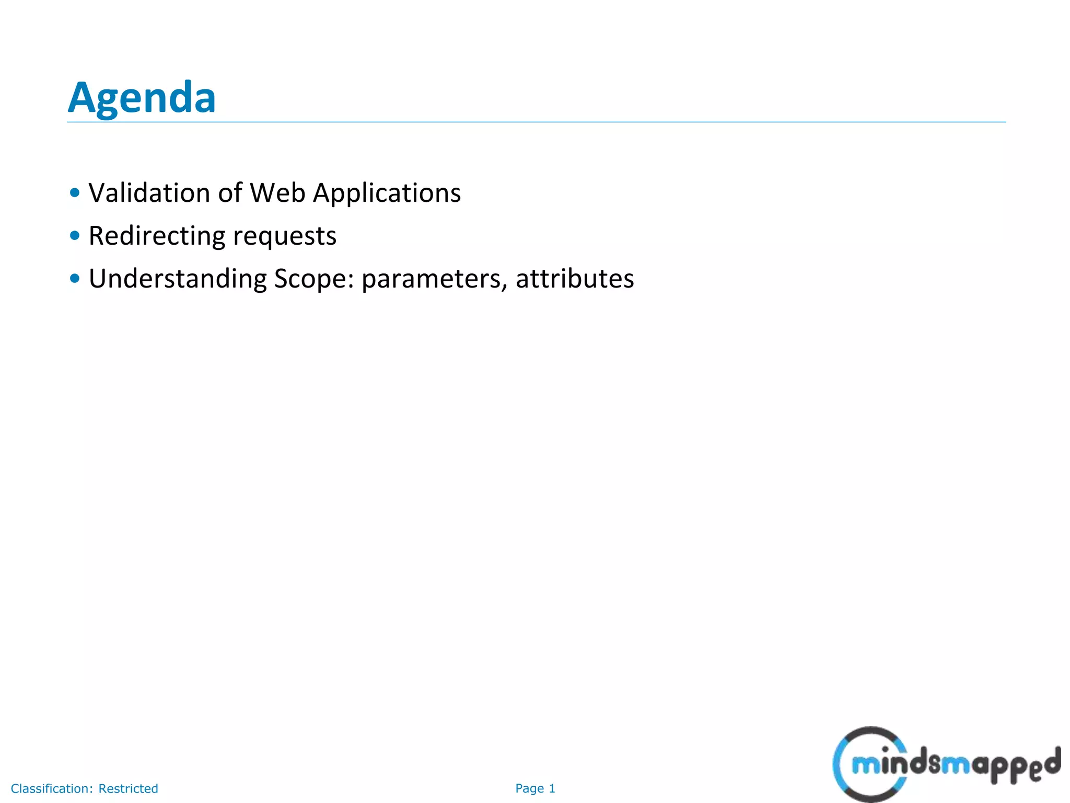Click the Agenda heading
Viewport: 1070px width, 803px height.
click(142, 98)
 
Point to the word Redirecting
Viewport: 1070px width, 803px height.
click(156, 236)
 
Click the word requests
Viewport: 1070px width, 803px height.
click(285, 237)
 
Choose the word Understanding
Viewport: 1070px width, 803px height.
click(177, 279)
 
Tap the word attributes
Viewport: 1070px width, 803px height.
click(575, 279)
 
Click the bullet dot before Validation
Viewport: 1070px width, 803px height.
click(75, 193)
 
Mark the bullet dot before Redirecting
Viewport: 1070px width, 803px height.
click(75, 236)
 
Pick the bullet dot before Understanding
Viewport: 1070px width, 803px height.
click(75, 279)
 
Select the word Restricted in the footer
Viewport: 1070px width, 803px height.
click(128, 788)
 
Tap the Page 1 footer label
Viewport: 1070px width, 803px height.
click(535, 788)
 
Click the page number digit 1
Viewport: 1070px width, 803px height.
click(552, 788)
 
